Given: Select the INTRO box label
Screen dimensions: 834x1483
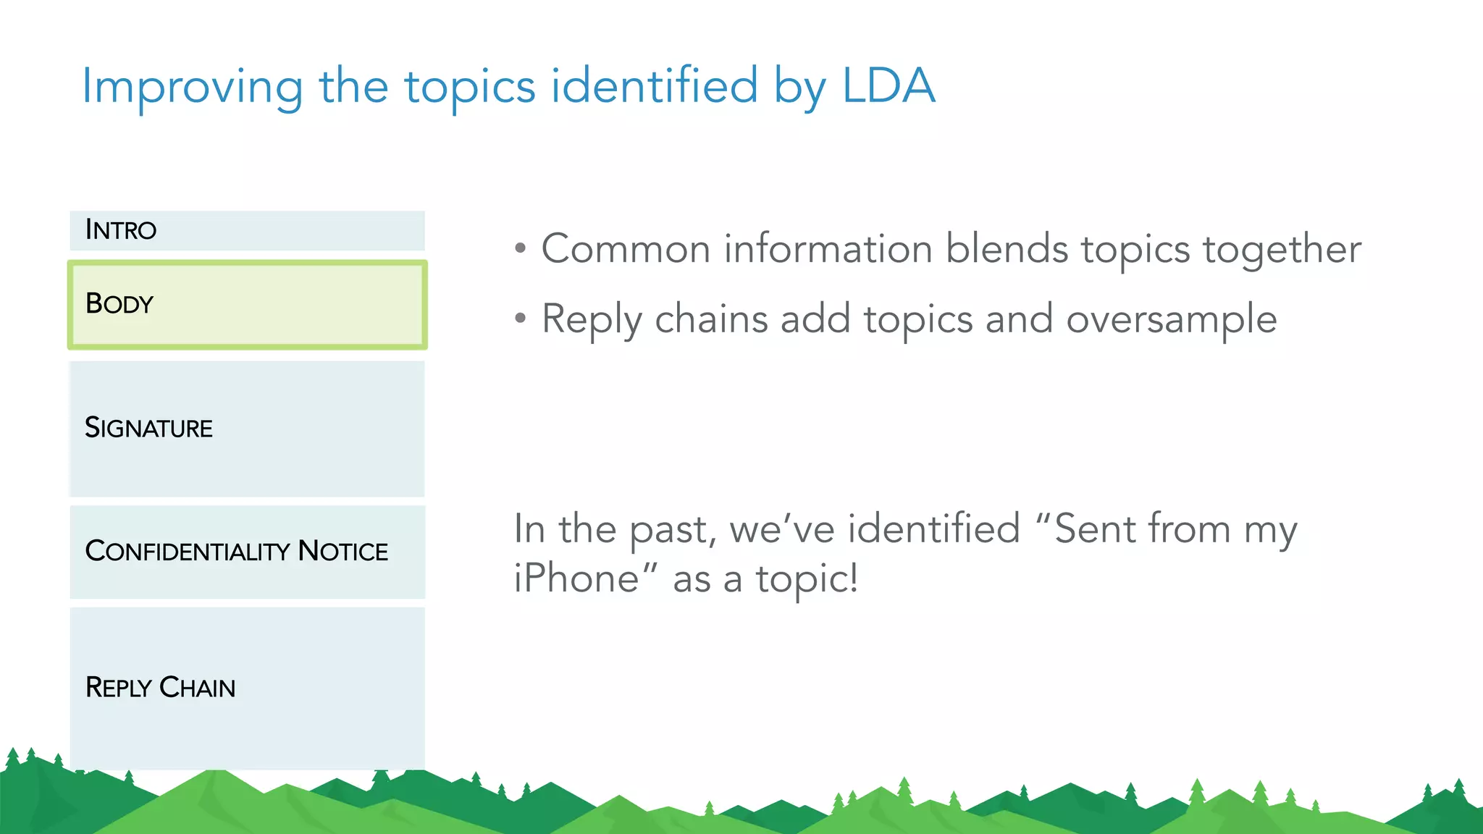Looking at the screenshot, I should coord(121,230).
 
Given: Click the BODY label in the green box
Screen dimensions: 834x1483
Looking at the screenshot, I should coord(119,304).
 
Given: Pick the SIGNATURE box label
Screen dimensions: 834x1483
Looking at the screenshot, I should coord(148,428).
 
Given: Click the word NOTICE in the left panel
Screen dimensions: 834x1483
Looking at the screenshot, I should coord(343,552).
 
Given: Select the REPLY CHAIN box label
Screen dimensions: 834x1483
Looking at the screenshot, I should coord(160,687).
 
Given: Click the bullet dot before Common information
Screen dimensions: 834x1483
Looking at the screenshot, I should coord(520,248).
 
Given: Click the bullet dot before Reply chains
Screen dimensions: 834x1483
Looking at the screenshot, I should coord(520,318).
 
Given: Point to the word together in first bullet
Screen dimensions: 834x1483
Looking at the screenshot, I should coord(1282,250).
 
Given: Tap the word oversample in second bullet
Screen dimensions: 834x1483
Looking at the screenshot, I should coord(1171,320).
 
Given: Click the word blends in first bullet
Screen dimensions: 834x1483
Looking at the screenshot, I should coord(1007,250).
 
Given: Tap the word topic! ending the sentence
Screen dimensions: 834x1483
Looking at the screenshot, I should coord(807,580).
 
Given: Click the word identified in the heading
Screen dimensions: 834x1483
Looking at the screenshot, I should coord(654,86).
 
